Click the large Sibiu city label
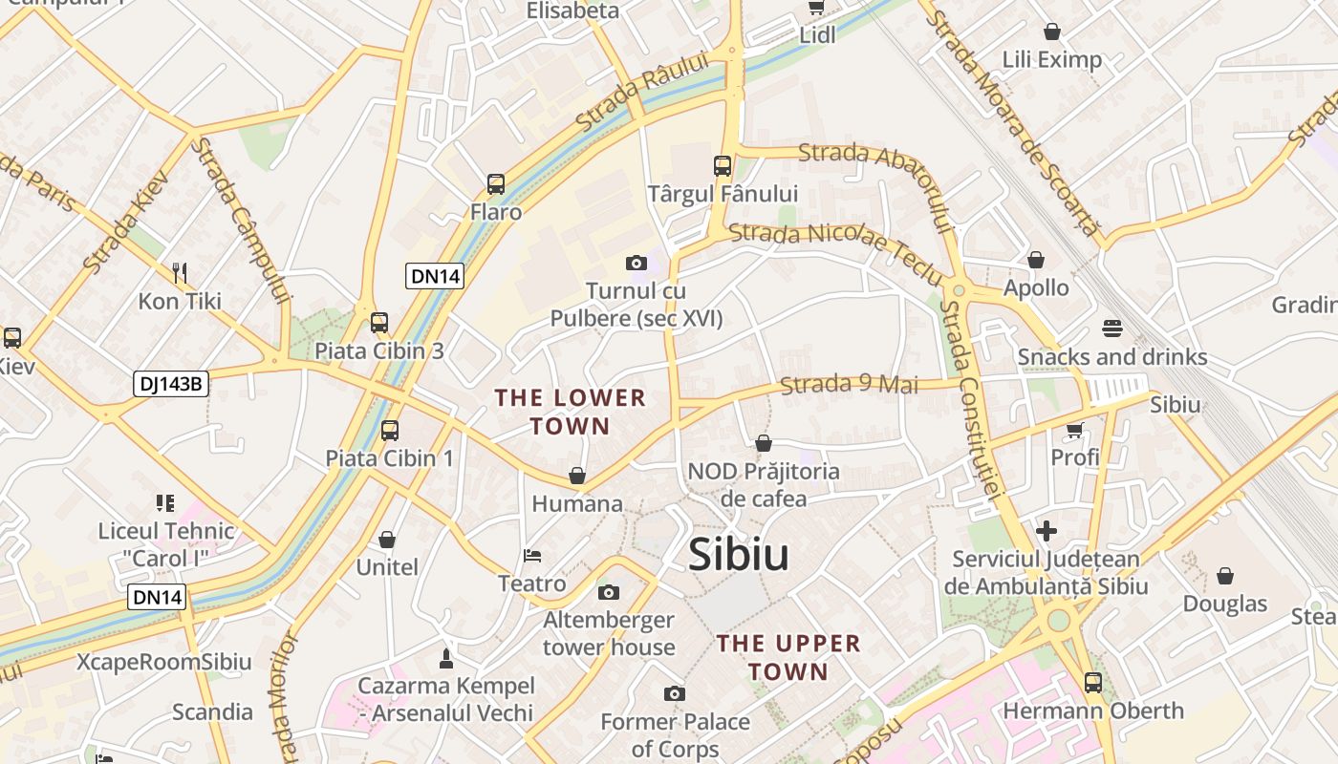coord(739,555)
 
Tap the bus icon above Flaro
coord(495,184)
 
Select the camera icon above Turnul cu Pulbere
coord(636,263)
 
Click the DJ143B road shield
coord(171,384)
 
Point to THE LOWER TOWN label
coord(571,412)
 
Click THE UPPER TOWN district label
coord(788,657)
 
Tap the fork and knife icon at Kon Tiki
coord(179,273)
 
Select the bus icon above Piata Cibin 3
coord(379,323)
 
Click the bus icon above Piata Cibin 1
coord(390,431)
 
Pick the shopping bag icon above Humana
coord(577,476)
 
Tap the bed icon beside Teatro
coord(532,556)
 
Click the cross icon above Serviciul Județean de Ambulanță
coord(1047,531)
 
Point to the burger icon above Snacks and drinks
coord(1111,329)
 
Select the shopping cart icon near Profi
coord(1075,431)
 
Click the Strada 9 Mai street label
coord(849,384)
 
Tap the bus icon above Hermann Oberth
coord(1092,683)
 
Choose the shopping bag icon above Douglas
coord(1224,576)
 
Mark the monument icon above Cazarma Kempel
coord(445,658)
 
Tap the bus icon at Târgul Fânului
coord(723,166)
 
